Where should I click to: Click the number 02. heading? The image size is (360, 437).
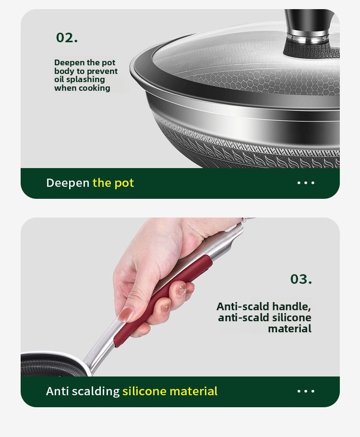tap(67, 37)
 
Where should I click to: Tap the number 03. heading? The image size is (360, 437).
tap(301, 279)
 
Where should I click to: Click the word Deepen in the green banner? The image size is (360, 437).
tap(68, 183)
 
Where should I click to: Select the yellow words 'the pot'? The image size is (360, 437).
tap(113, 183)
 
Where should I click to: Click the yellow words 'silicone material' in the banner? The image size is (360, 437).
tap(170, 391)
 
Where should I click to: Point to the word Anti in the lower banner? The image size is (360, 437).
tap(57, 391)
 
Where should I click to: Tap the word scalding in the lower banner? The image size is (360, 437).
tap(96, 391)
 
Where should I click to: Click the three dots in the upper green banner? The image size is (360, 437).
tap(306, 183)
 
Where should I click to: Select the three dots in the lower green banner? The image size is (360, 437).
tap(306, 391)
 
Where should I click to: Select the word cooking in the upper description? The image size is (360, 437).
tap(95, 88)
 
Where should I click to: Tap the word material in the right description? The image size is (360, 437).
tap(289, 328)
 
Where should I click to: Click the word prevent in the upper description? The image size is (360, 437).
tap(102, 71)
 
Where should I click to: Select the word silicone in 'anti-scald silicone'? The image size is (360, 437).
tap(291, 317)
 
